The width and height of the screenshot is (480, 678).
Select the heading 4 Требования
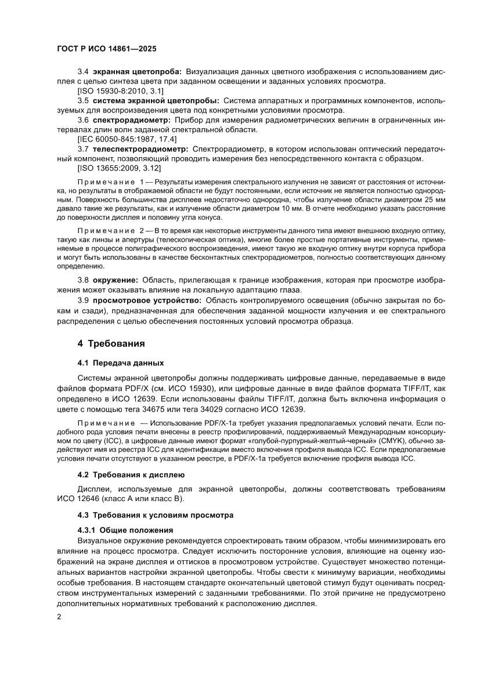point(111,343)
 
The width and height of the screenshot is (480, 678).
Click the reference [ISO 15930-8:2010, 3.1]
point(120,91)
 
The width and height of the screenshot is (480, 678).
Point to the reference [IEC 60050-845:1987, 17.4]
point(127,139)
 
